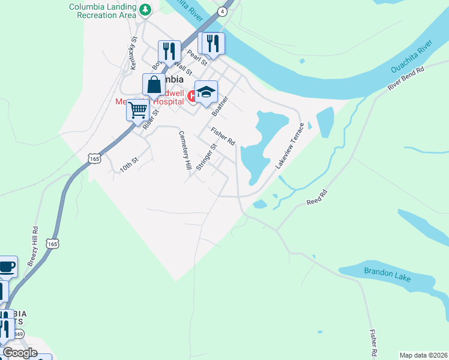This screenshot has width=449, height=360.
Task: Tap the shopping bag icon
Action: tap(154, 85)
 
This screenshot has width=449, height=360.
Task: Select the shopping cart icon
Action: tap(138, 110)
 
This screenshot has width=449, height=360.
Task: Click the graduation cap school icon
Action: tap(206, 92)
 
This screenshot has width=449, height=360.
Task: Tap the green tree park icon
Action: tap(145, 10)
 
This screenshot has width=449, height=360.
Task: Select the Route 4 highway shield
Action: tap(223, 11)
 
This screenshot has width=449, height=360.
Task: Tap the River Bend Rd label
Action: tap(406, 78)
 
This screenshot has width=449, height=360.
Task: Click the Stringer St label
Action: tap(206, 158)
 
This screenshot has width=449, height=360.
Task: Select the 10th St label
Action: tap(128, 165)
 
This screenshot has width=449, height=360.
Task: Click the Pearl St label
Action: tap(196, 57)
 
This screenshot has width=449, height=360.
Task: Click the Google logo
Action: tap(20, 353)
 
